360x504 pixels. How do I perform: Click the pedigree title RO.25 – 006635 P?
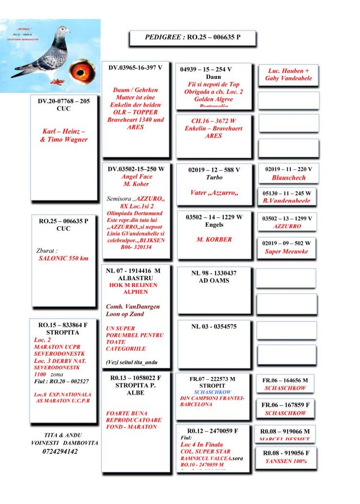coord(193,37)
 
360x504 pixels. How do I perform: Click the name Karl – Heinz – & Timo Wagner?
coord(63,136)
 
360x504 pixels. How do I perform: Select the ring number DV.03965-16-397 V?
coord(135,68)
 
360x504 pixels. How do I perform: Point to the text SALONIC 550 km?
coord(63,258)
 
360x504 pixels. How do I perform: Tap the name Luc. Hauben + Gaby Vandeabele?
coord(288,74)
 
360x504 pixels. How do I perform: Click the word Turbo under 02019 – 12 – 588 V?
coord(214,178)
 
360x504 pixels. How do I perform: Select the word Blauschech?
coord(288,178)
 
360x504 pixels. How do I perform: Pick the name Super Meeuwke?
coord(287,252)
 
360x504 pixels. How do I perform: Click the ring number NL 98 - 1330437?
coord(214,273)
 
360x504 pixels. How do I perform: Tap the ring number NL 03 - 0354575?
coord(214,326)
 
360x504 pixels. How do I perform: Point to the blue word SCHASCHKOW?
coord(212,392)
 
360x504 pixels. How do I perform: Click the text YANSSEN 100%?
coord(286,461)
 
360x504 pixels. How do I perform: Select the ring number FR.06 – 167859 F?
coord(286,404)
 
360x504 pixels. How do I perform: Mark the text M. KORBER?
coord(214,239)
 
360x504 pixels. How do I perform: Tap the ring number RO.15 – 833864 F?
coord(63,324)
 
